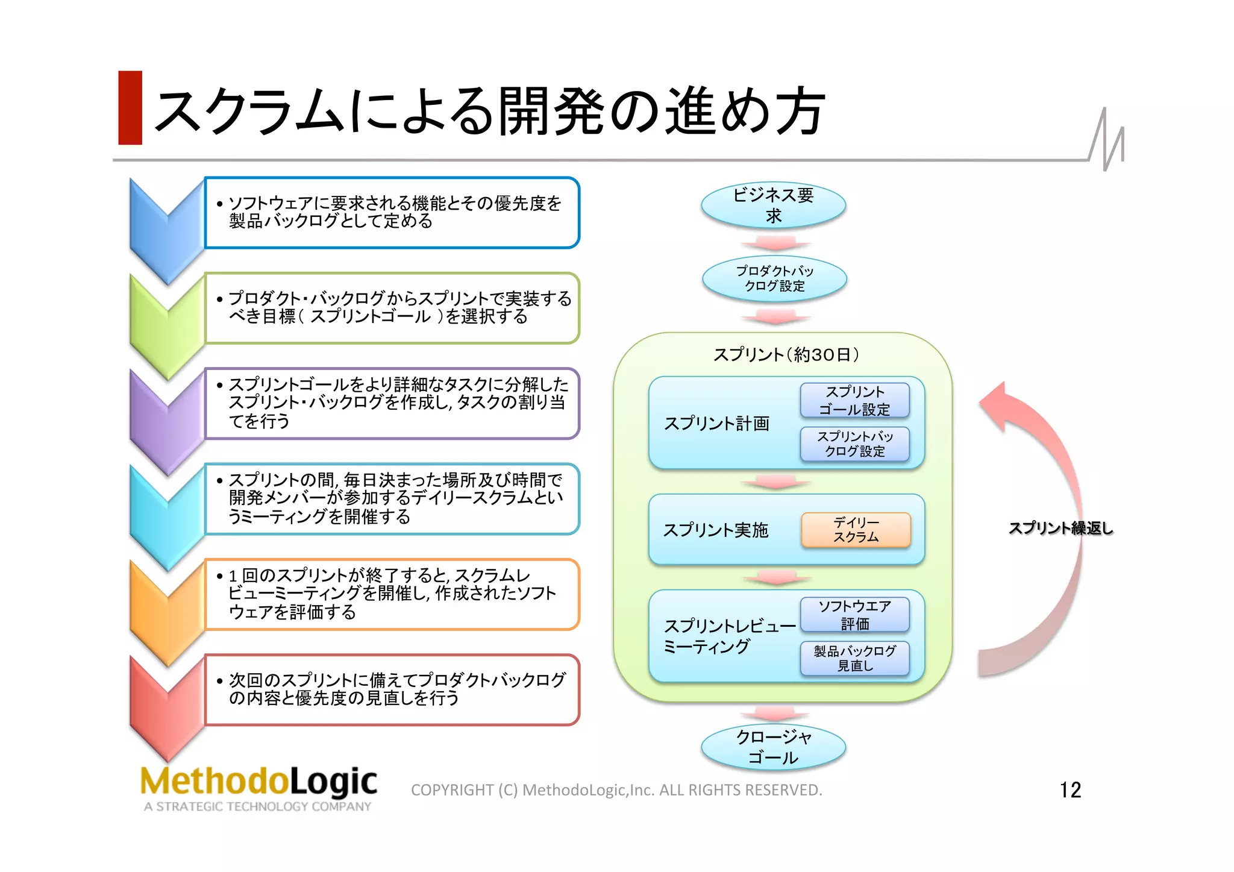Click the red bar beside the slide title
130,108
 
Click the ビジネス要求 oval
773,205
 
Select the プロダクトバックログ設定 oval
774,278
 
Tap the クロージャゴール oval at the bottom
773,747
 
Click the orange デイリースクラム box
856,530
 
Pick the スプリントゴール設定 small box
854,400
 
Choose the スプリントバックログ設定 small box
854,444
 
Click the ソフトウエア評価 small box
854,615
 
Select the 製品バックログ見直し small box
854,658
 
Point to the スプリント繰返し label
1060,529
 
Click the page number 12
1070,789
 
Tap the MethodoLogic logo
258,786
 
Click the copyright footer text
616,790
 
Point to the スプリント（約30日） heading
786,354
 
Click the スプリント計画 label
716,424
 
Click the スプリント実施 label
715,530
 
